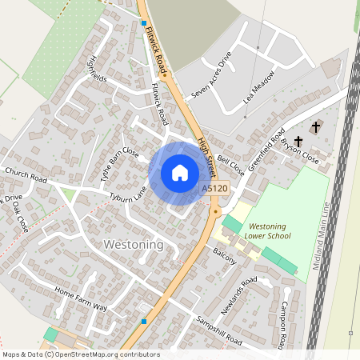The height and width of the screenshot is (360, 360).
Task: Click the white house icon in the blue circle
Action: (180, 173)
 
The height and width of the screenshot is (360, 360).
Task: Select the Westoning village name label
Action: (134, 244)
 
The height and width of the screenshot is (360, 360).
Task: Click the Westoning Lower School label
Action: (269, 231)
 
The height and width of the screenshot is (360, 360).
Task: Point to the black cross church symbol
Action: (316, 127)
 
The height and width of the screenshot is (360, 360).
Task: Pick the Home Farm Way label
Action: (80, 300)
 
